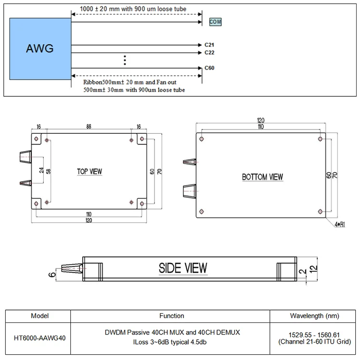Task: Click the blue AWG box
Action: click(40, 49)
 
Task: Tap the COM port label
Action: click(216, 22)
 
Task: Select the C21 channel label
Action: click(209, 45)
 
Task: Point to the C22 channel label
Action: click(209, 52)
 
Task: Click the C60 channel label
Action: click(209, 68)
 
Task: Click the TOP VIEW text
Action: click(90, 171)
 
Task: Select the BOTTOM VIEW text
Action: click(262, 177)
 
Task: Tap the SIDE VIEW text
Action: click(183, 268)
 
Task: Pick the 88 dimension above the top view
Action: click(89, 126)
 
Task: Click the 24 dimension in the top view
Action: click(42, 170)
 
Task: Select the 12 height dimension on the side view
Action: click(313, 270)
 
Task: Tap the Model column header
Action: click(39, 316)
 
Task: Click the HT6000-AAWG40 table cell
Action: click(39, 337)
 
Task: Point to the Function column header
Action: click(172, 316)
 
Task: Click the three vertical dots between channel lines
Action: click(125, 60)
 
